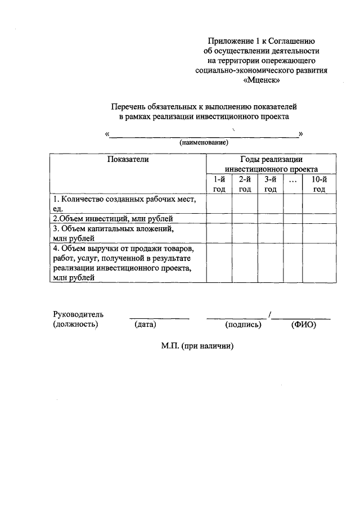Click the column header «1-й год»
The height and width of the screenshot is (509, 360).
[219, 184]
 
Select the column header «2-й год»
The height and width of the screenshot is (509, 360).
[245, 184]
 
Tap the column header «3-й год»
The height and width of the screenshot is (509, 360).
[271, 184]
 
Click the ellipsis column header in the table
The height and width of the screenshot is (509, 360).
[293, 180]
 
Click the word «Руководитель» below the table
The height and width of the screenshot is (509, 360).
[78, 314]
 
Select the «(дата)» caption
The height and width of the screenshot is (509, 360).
[145, 325]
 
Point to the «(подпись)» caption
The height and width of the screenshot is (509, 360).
[243, 325]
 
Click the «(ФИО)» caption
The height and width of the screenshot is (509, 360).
[304, 325]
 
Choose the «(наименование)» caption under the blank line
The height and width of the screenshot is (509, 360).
[204, 143]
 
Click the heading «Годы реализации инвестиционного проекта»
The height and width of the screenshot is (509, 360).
[271, 164]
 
